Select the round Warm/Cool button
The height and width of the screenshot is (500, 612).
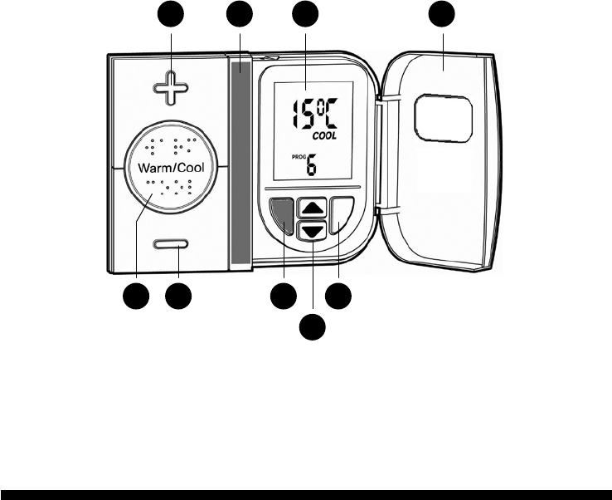point(171,167)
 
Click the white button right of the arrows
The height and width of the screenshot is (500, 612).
point(340,218)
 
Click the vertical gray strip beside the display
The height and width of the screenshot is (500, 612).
point(240,163)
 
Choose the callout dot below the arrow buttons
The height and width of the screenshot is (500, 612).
point(312,327)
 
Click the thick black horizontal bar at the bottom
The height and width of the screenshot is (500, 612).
point(306,493)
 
